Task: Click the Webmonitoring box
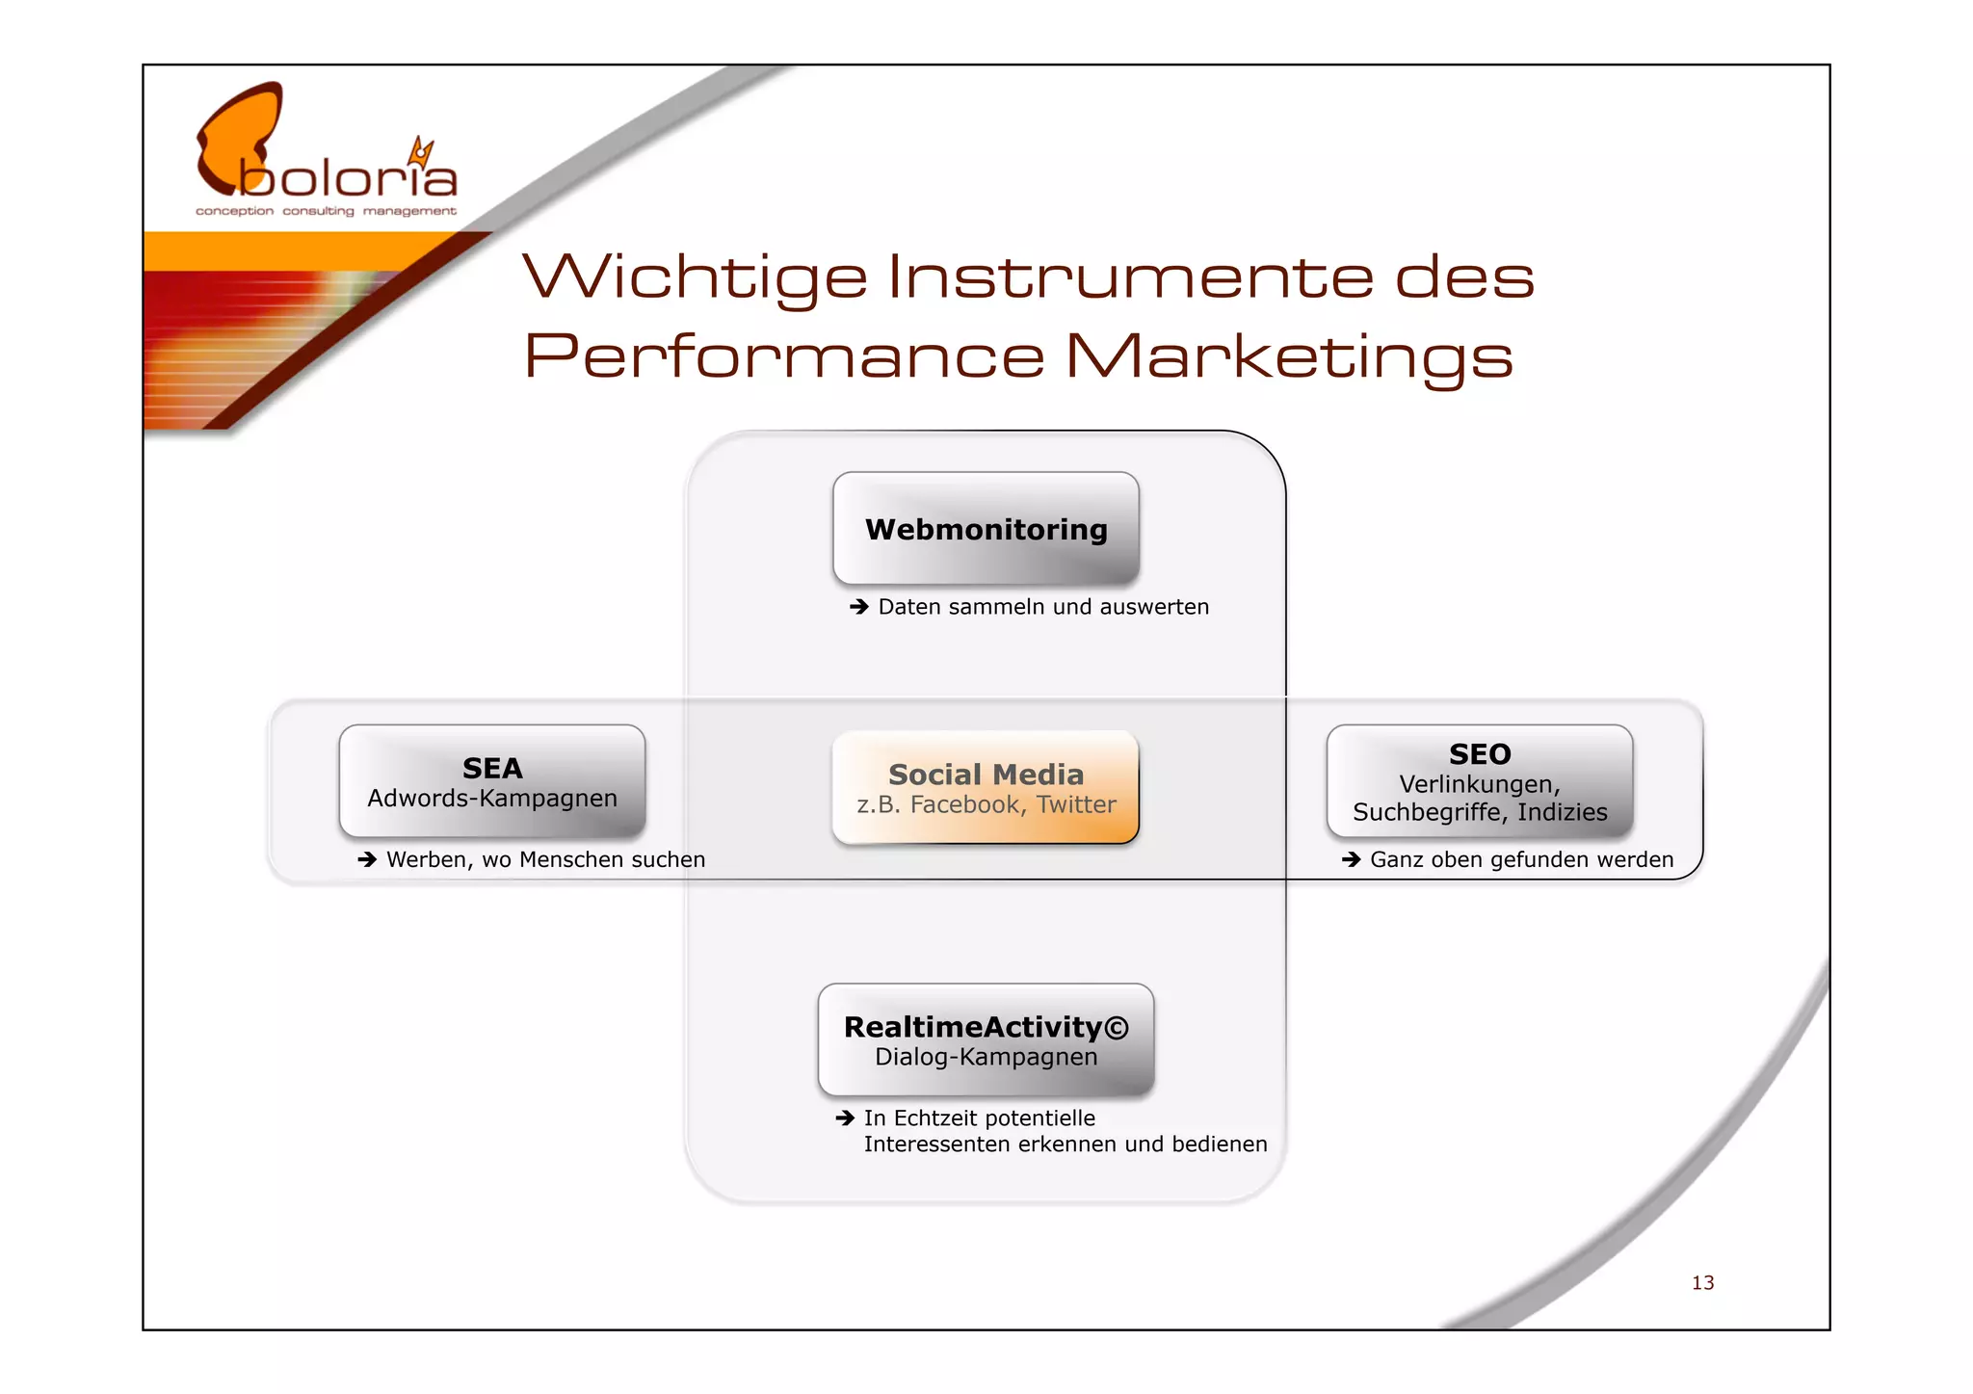coord(986,529)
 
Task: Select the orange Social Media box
coord(986,788)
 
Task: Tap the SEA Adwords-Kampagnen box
coord(492,781)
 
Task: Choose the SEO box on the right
coord(1480,781)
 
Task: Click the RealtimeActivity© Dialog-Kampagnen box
coord(986,1040)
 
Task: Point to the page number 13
coord(1702,1283)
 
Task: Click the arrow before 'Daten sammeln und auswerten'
coord(859,607)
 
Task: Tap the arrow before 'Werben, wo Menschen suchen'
coord(367,859)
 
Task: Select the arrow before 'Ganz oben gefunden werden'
coord(1351,859)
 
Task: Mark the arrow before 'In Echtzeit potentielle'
coord(845,1118)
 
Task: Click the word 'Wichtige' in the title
coord(695,277)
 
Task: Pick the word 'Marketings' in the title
coord(1289,356)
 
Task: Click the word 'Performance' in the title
coord(784,356)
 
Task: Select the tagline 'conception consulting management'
coord(326,211)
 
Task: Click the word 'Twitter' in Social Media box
coord(1076,804)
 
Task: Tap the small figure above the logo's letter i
coord(421,152)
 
